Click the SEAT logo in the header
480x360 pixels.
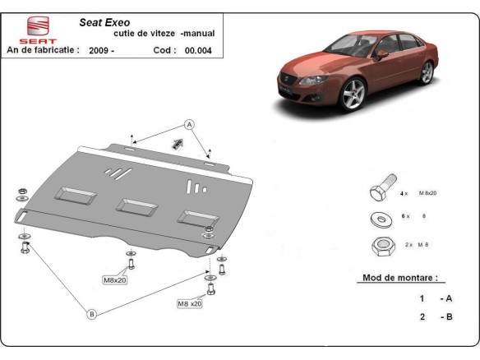click(x=31, y=30)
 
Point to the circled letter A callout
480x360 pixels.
click(x=188, y=125)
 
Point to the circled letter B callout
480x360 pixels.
click(x=91, y=313)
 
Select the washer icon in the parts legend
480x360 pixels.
click(x=381, y=218)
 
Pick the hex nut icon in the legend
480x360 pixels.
click(x=381, y=245)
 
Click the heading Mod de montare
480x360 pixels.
click(x=399, y=278)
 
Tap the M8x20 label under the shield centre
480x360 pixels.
click(x=116, y=280)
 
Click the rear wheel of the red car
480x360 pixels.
click(x=426, y=73)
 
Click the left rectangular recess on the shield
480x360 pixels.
click(x=74, y=196)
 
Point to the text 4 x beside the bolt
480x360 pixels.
click(x=404, y=193)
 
